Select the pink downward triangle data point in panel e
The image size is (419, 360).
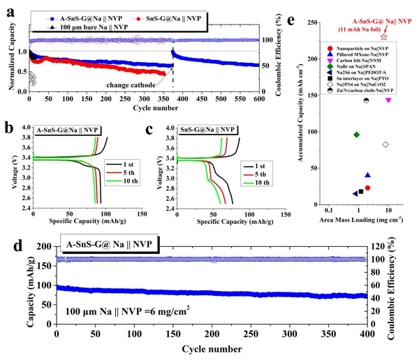[x=388, y=100]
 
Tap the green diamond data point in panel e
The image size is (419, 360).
[x=357, y=135]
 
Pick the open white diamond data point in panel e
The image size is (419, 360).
[x=385, y=144]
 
